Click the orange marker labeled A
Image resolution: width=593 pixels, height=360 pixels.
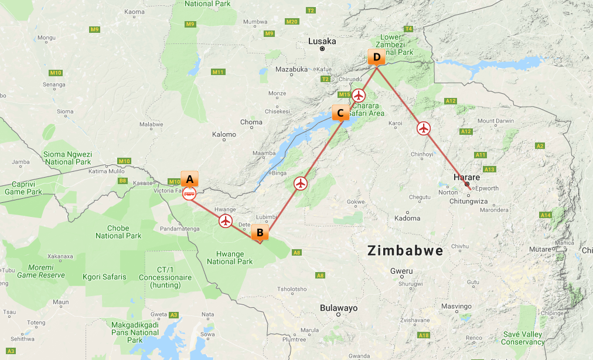tap(190, 179)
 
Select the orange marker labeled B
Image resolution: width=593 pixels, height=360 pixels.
tap(260, 233)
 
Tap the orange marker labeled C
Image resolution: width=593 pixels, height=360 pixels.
tap(340, 113)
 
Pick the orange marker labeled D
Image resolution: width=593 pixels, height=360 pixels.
tap(376, 57)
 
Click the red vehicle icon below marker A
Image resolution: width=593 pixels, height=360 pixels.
tap(189, 193)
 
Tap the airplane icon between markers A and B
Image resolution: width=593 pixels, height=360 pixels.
tap(226, 221)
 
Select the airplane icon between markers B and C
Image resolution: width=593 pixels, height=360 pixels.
tap(301, 184)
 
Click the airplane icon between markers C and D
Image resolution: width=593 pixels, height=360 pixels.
tap(359, 95)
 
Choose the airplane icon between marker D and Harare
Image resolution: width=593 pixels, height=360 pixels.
tap(423, 128)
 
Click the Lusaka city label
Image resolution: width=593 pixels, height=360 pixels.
tap(323, 41)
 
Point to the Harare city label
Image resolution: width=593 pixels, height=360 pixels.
tap(466, 177)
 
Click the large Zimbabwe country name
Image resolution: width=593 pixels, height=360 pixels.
tap(405, 250)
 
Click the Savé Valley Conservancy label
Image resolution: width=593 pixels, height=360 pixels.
tap(523, 338)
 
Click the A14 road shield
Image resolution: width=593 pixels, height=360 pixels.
tap(546, 215)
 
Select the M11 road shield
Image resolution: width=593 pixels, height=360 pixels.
tap(219, 72)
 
